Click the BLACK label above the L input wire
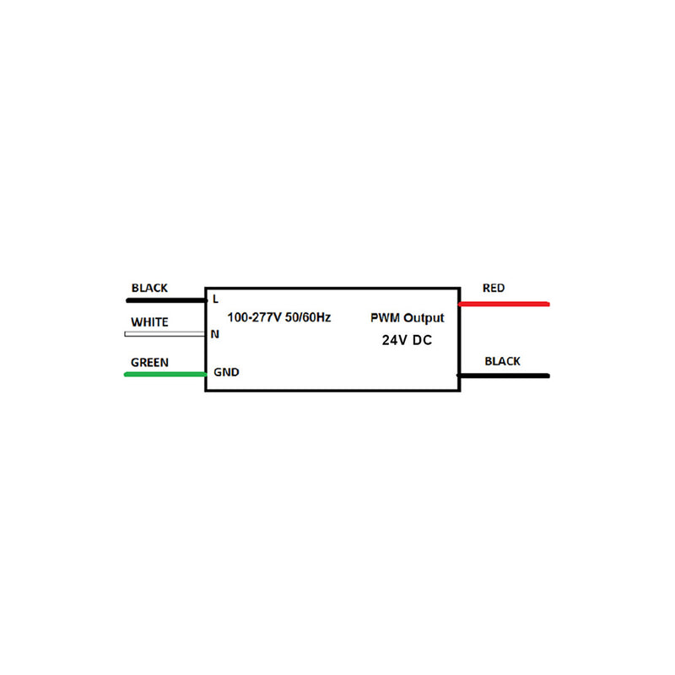149,288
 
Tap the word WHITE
149,322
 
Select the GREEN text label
149,363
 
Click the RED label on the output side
494,288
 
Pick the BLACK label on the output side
502,361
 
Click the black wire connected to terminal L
166,300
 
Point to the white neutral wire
165,334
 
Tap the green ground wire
165,375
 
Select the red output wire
504,305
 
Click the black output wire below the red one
503,375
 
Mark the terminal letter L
216,300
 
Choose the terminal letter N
215,334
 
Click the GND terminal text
226,372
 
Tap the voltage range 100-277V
255,317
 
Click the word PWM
385,318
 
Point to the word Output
424,318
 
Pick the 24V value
394,340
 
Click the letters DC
422,340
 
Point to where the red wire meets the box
460,305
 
